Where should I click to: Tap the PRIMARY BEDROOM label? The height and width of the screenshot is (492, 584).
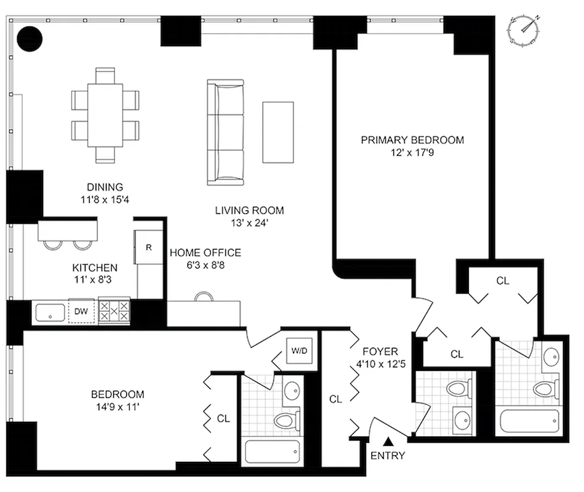tap(412, 140)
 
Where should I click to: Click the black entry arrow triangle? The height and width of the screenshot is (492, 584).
tap(388, 440)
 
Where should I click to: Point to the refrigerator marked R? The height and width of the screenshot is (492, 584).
tap(148, 248)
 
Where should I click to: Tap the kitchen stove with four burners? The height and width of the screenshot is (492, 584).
tap(114, 311)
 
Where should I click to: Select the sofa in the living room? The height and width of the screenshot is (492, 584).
tap(225, 132)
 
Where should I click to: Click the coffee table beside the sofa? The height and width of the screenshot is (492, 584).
tap(278, 132)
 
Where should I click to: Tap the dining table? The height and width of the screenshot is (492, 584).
tap(105, 115)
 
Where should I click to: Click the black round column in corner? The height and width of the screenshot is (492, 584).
tap(29, 39)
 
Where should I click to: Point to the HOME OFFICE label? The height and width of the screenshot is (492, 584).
tap(205, 253)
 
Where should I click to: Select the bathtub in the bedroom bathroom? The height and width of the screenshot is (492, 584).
tap(271, 452)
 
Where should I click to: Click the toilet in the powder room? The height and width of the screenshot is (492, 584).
tap(457, 389)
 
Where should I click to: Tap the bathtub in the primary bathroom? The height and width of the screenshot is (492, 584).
tap(529, 422)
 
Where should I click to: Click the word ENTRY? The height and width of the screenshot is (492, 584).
tap(388, 456)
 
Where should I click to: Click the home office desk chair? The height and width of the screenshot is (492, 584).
tap(204, 296)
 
